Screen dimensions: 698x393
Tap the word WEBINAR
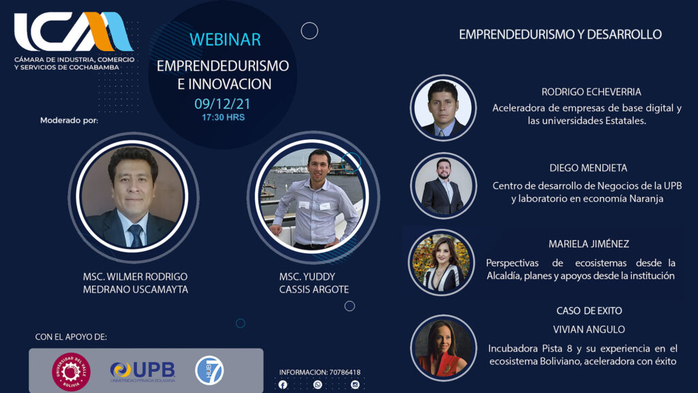[x=225, y=40]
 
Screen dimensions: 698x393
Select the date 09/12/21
[x=223, y=104]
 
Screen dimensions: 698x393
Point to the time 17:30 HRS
[x=223, y=117]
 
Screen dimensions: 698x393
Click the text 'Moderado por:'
[x=69, y=120]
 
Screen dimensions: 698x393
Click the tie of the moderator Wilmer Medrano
[x=136, y=235]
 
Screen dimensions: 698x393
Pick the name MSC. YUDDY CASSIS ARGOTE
[x=314, y=283]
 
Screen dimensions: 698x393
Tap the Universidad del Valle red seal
[x=71, y=372]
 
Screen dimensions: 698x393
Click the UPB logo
[x=143, y=371]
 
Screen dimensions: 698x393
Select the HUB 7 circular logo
[x=209, y=370]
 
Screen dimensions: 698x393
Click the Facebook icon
[x=283, y=385]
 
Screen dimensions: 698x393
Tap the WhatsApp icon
[x=318, y=385]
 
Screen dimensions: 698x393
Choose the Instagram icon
[x=354, y=385]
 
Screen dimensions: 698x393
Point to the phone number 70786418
[x=345, y=372]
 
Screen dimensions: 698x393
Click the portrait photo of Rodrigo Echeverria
[x=443, y=108]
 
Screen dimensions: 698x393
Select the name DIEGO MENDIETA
[x=588, y=168]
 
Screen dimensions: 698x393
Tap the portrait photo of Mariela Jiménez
[x=442, y=263]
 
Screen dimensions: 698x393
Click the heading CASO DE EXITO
[x=589, y=310]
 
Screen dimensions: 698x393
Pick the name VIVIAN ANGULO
[x=589, y=330]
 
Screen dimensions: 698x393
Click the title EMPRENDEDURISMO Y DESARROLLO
[x=560, y=34]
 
